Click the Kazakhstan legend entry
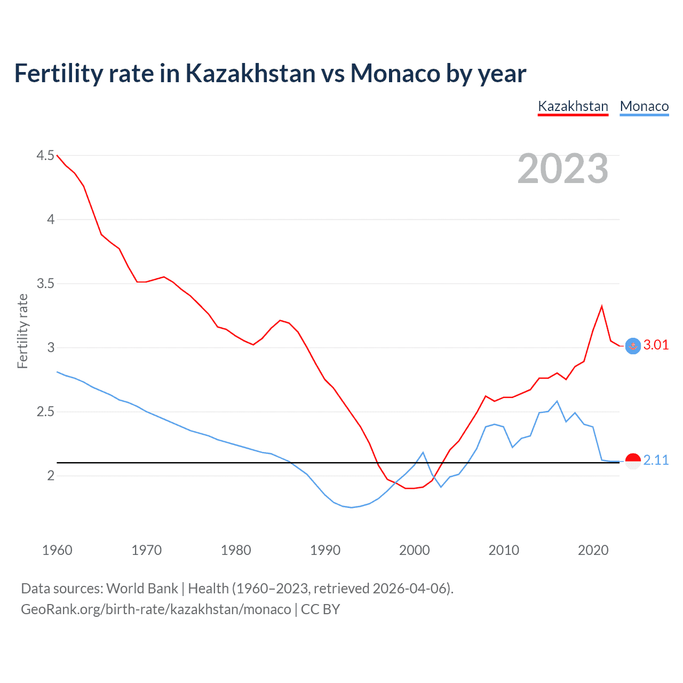tap(573, 106)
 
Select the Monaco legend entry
tap(644, 106)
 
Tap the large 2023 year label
tap(563, 169)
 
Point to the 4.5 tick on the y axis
tap(45, 155)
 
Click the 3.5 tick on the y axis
tap(45, 283)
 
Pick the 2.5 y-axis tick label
tap(45, 411)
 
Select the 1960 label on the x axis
tap(57, 550)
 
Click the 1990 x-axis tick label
tap(325, 550)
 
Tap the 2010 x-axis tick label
tap(504, 550)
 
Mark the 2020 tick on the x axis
tap(593, 550)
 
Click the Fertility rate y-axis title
tap(22, 331)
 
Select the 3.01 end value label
tap(656, 345)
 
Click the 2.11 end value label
tap(656, 460)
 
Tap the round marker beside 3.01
tap(633, 346)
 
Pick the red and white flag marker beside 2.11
tap(633, 461)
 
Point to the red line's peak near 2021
tap(602, 306)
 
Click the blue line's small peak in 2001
tap(423, 452)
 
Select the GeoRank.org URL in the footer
tap(156, 609)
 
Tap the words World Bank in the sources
tap(142, 588)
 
